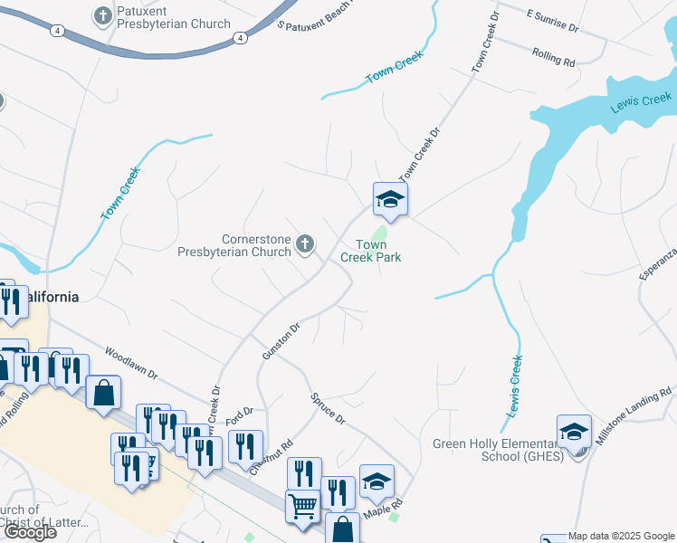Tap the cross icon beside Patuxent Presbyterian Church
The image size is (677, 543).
[101, 16]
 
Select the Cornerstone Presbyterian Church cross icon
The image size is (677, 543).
[306, 243]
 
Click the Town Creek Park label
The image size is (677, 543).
[370, 251]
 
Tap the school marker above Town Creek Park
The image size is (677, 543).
[390, 199]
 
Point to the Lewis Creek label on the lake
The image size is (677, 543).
[641, 102]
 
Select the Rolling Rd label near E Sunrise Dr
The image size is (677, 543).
[554, 59]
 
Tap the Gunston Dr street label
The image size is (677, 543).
[280, 341]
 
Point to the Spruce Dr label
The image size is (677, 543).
[328, 408]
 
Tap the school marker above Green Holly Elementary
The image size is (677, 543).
[574, 432]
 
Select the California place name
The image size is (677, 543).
[47, 296]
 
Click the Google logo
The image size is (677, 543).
[30, 532]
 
